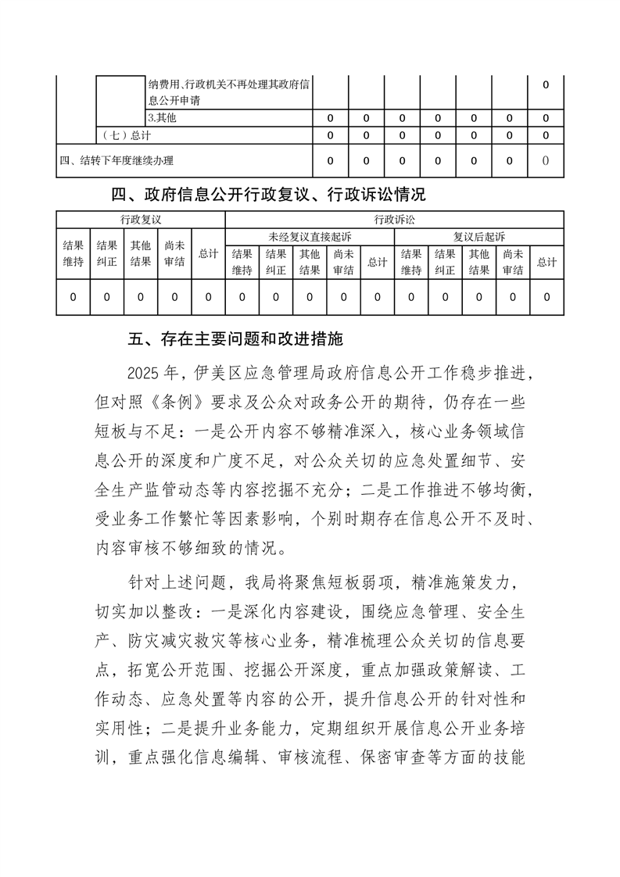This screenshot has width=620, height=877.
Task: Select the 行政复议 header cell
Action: point(141,220)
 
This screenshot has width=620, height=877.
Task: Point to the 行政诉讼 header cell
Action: point(394,220)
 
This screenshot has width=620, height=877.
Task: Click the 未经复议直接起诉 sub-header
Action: point(310,236)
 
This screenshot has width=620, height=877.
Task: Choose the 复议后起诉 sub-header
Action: point(479,236)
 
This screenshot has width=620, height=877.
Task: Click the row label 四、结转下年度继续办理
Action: point(116,161)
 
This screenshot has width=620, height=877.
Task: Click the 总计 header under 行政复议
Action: point(208,253)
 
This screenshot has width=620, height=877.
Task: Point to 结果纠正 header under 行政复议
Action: point(107,253)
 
